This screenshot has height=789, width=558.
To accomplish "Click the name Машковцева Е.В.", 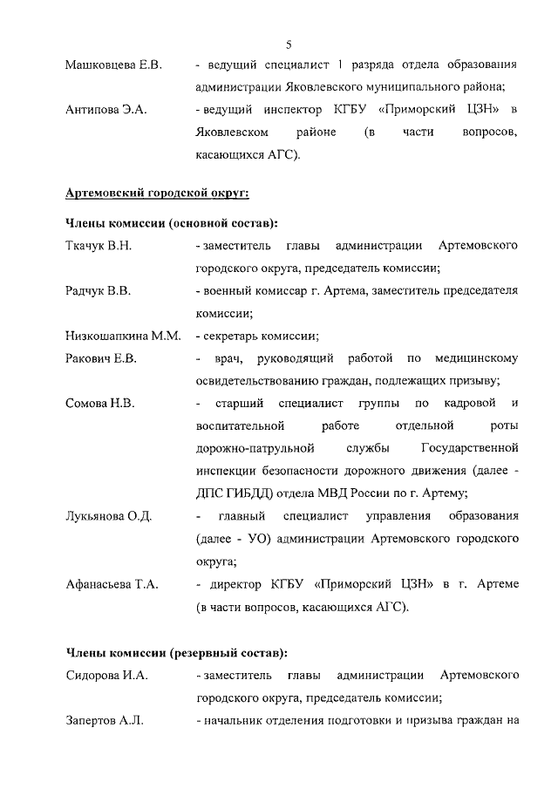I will (113, 65).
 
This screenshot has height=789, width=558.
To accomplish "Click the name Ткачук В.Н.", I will (99, 245).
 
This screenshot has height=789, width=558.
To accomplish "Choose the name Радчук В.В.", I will (99, 290).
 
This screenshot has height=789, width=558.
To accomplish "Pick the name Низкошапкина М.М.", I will (123, 336).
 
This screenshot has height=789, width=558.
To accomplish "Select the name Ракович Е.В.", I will (101, 357).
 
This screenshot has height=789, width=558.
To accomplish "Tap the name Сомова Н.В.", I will (99, 403).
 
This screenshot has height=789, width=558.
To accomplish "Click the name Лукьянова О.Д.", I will (109, 516).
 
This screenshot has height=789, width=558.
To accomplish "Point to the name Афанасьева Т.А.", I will (112, 584).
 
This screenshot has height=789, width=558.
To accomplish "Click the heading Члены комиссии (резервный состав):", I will (177, 652).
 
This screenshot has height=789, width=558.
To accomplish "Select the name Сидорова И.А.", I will (107, 675).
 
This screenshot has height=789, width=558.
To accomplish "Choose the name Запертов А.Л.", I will (105, 720).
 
